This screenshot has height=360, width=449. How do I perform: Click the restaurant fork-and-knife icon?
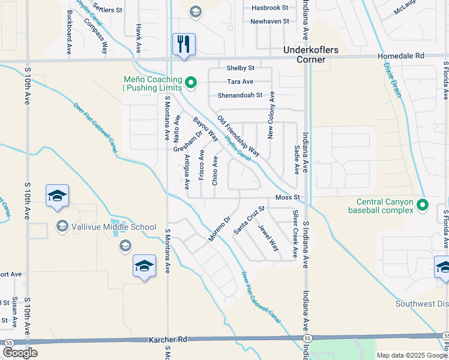pyautogui.click(x=184, y=44)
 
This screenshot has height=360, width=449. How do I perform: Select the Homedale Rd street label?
pyautogui.click(x=400, y=56)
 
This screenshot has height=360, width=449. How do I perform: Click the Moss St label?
pyautogui.click(x=287, y=197)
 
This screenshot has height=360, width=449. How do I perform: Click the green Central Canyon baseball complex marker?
pyautogui.click(x=423, y=205)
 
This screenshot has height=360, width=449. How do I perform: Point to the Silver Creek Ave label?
pyautogui.click(x=295, y=234)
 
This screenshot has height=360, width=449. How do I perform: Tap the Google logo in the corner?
pyautogui.click(x=20, y=352)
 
